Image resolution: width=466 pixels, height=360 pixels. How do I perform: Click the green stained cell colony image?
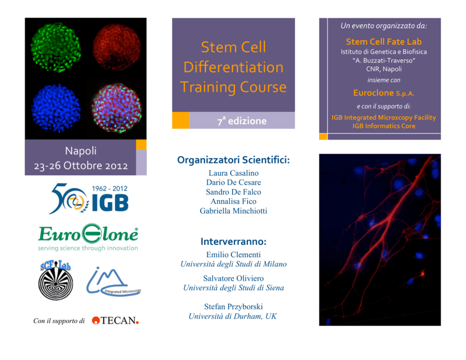(x=55, y=47)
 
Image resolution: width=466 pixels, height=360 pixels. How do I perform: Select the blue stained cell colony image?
(x=56, y=108)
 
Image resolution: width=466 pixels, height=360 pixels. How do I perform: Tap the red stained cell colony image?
(x=117, y=47)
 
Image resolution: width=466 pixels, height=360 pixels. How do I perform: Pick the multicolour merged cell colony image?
(x=117, y=108)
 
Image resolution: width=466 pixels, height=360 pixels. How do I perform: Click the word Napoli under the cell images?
(x=80, y=151)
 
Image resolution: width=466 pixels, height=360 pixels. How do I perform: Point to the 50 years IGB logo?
(x=89, y=198)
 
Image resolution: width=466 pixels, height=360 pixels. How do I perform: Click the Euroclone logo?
(x=88, y=237)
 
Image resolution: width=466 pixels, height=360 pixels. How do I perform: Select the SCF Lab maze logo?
(x=55, y=280)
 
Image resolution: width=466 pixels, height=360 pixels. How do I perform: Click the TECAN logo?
(x=115, y=321)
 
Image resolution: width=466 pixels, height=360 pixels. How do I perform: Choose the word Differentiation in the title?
(x=233, y=67)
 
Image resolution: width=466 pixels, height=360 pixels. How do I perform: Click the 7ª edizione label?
(x=242, y=121)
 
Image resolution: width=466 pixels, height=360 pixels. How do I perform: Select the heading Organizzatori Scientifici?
(x=233, y=160)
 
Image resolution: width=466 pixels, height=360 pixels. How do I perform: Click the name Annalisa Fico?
(x=233, y=201)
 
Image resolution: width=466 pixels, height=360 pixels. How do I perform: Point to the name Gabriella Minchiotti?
(x=233, y=211)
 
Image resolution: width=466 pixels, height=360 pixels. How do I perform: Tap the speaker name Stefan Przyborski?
(x=233, y=306)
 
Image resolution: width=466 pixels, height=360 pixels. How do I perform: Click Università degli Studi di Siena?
(x=233, y=288)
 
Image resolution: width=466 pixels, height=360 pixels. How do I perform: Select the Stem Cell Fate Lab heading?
(x=384, y=42)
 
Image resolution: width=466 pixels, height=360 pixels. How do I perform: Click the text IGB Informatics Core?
(x=384, y=126)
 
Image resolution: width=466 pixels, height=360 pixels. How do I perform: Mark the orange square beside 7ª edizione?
(x=181, y=120)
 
